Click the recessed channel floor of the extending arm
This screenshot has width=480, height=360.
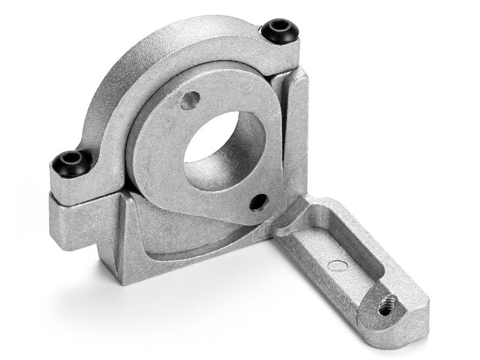336,252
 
